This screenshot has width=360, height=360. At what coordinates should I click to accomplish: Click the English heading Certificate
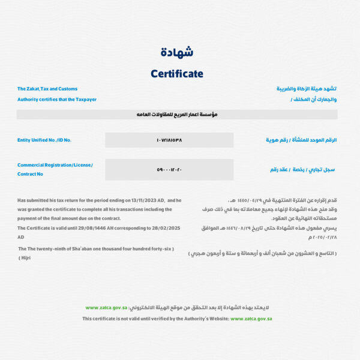click(177, 74)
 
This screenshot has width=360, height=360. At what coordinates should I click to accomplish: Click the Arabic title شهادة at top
click(177, 52)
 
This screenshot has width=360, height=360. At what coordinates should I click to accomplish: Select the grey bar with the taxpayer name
click(177, 114)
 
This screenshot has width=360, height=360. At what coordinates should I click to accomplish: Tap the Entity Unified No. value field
click(169, 140)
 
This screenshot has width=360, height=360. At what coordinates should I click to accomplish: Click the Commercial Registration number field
click(169, 169)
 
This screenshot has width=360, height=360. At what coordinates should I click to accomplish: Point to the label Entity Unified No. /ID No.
click(44, 140)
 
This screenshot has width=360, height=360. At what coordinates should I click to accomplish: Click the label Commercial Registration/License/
click(55, 165)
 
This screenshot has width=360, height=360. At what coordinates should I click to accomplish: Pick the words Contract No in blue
click(31, 174)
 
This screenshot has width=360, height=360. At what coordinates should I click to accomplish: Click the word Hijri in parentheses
click(25, 257)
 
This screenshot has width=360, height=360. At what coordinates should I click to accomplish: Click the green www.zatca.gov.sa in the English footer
click(251, 319)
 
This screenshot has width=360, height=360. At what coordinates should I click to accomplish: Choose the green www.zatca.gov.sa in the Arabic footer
click(106, 308)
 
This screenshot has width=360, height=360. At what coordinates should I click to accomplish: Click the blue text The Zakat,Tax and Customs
click(47, 89)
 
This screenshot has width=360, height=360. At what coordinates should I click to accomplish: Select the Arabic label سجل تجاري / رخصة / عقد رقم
click(302, 170)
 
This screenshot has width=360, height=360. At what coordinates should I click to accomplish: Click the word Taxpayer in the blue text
click(85, 99)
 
